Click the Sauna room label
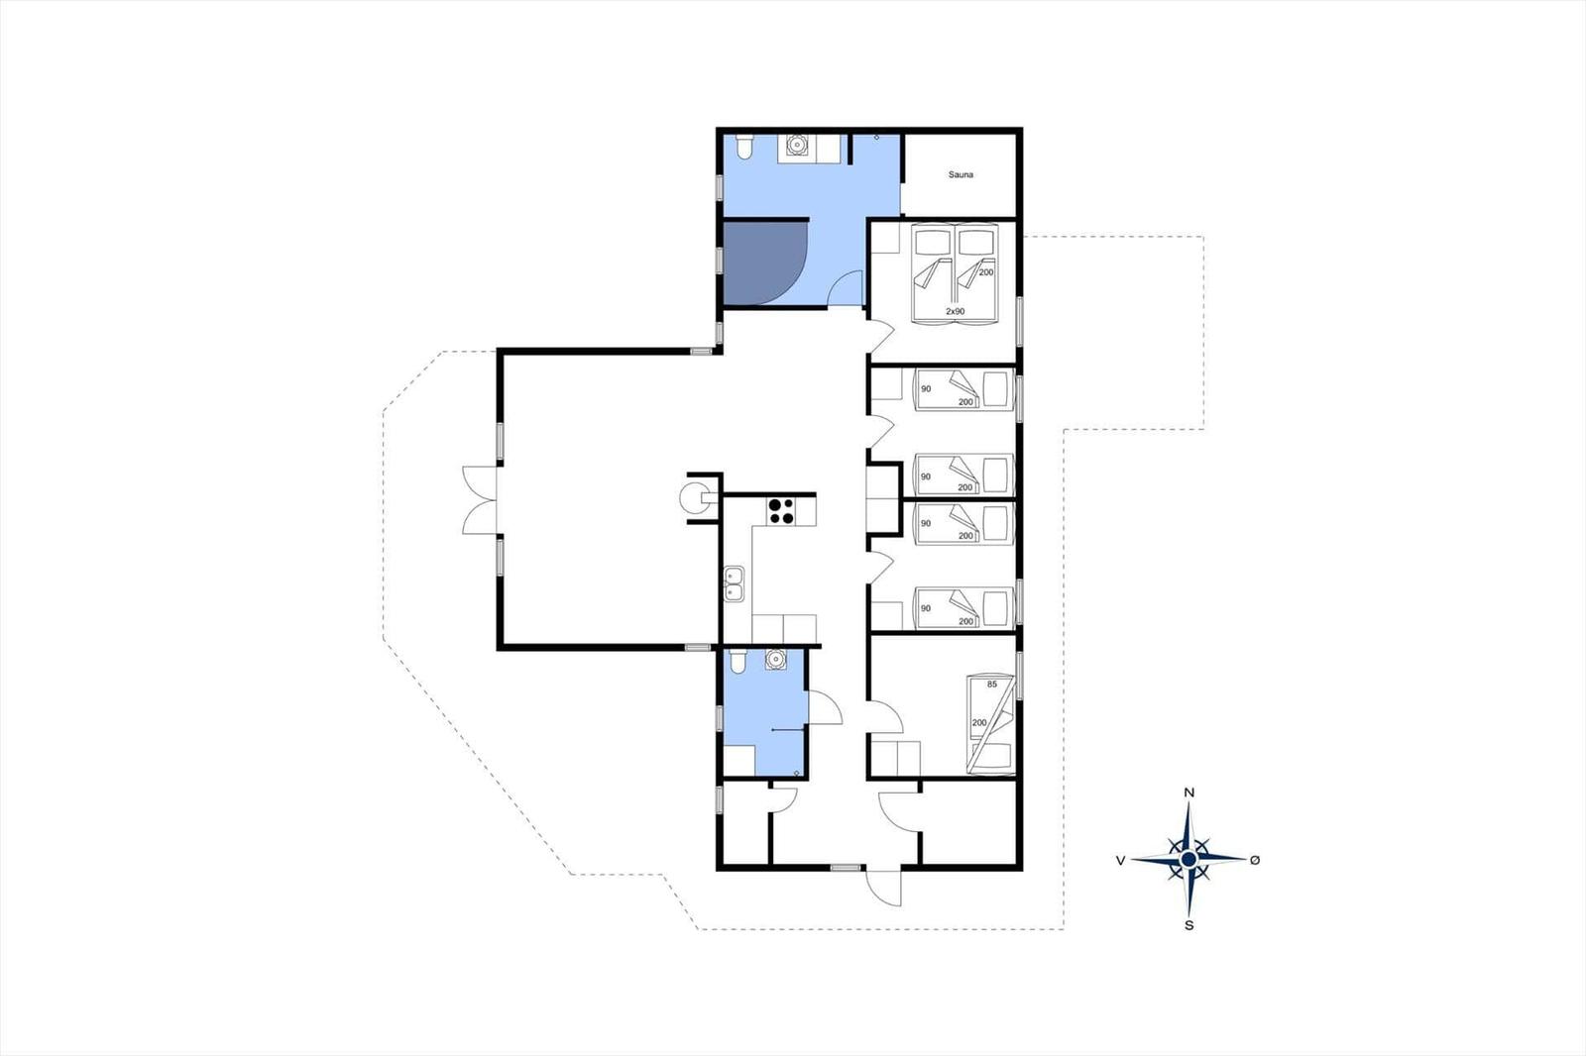(x=961, y=174)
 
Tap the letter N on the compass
(x=1189, y=793)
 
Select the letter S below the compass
(x=1189, y=926)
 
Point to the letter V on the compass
(x=1120, y=860)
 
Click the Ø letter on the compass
(x=1255, y=860)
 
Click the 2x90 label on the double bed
(x=956, y=311)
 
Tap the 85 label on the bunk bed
(x=992, y=685)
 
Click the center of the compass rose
(x=1189, y=859)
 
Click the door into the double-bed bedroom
(x=879, y=336)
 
